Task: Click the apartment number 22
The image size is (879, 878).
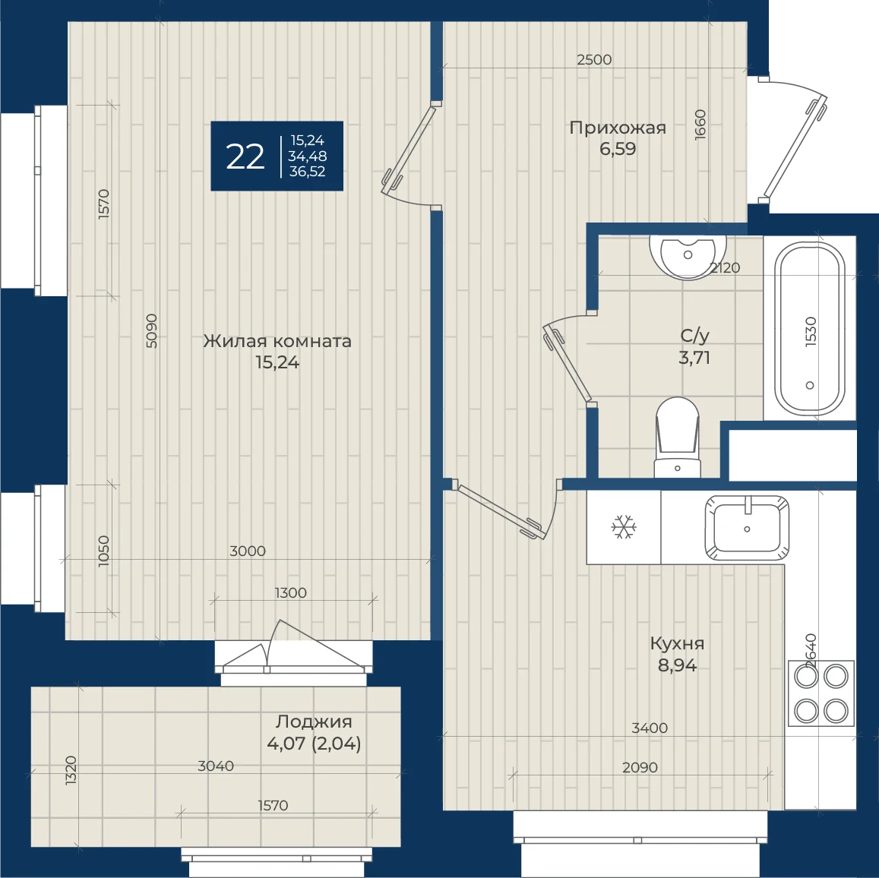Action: coord(245,157)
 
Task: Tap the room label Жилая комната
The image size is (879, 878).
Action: coord(277,341)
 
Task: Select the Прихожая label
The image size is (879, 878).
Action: coord(618,128)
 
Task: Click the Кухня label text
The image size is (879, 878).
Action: coord(677,643)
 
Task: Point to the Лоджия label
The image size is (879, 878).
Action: coord(314,722)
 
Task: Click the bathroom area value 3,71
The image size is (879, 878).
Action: coord(694,358)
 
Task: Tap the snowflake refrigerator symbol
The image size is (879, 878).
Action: coord(624,527)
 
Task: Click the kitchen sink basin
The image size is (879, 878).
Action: coord(747,528)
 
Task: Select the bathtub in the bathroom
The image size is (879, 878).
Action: coord(810,329)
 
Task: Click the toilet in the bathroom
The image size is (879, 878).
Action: coord(677,437)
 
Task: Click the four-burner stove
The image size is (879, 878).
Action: coord(821,693)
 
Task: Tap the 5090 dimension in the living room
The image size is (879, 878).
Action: coord(151,330)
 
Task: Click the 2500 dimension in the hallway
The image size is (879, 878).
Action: coord(594,59)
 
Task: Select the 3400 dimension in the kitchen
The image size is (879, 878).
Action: coord(650,728)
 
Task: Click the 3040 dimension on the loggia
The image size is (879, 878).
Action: coord(216,766)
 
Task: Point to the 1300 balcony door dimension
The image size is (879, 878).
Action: coord(290,593)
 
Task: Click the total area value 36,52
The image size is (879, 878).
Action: coord(307,172)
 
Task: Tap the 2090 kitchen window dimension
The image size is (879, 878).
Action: coord(640,768)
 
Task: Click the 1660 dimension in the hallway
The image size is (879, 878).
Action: coord(700,125)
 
